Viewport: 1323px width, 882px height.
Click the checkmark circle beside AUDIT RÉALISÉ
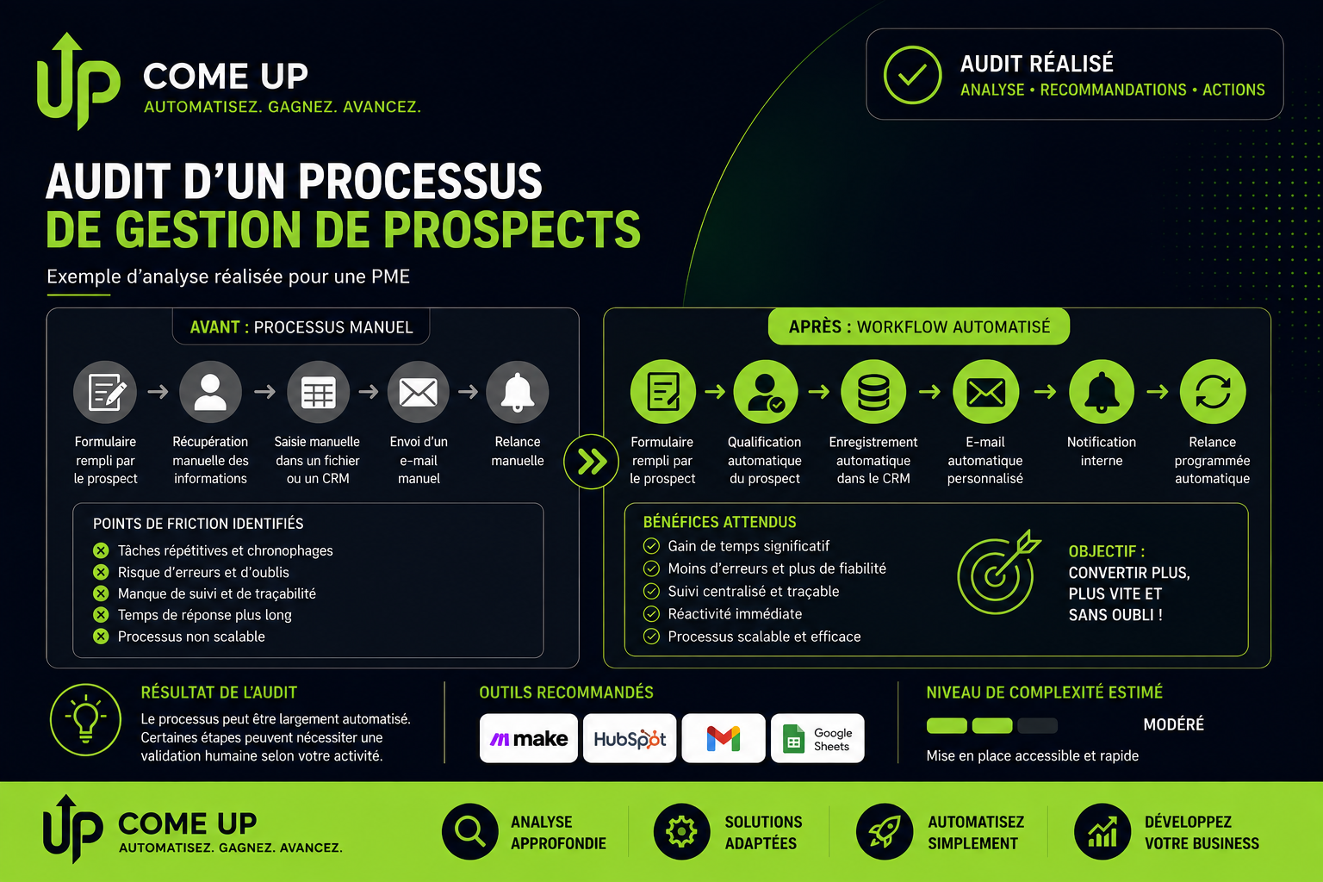tap(912, 75)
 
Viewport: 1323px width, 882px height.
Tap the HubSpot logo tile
tap(630, 738)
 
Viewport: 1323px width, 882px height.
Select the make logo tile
tap(529, 738)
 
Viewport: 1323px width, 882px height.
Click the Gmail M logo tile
tap(724, 738)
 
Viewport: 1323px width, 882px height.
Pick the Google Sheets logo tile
tap(817, 738)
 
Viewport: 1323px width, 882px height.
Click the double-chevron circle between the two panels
tap(591, 462)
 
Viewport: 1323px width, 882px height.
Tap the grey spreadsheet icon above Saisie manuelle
tap(318, 392)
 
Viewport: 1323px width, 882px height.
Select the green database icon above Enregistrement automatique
tap(873, 392)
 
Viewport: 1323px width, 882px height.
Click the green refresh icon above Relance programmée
tap(1213, 392)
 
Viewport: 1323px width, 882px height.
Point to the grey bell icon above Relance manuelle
tap(518, 392)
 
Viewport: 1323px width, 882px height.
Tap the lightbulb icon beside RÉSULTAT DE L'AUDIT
tap(85, 719)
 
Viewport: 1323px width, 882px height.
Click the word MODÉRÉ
tap(1174, 725)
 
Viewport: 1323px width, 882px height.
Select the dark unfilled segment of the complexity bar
tap(1038, 725)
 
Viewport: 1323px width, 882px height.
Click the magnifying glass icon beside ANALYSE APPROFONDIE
tap(470, 831)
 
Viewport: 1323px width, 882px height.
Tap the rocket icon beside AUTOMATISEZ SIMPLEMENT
tap(885, 831)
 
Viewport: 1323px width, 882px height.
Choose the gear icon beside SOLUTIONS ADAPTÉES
tap(681, 831)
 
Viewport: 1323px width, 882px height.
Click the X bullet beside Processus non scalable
tap(101, 637)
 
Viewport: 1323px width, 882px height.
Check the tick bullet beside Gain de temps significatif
tap(651, 546)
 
